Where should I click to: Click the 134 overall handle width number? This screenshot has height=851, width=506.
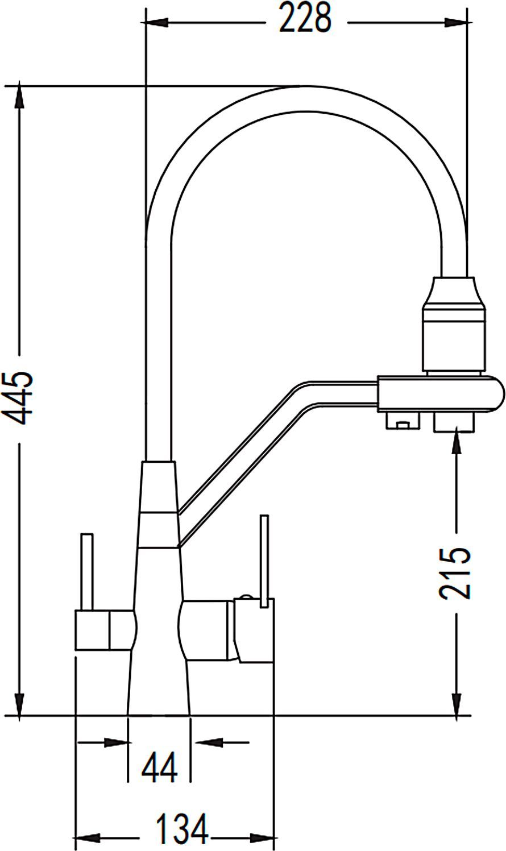pyautogui.click(x=183, y=824)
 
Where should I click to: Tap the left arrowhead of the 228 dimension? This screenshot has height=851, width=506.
pyautogui.click(x=156, y=23)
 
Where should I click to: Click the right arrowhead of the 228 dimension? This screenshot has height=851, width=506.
pyautogui.click(x=456, y=23)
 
